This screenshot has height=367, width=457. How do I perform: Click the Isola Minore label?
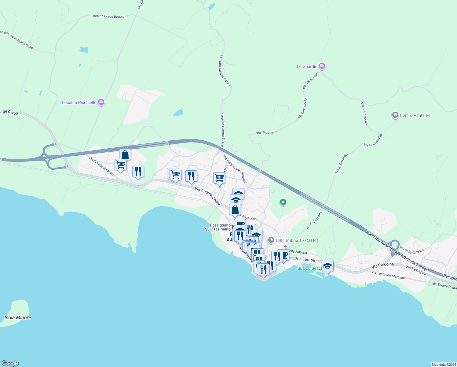point(18,317)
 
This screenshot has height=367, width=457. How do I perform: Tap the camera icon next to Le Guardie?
point(322,66)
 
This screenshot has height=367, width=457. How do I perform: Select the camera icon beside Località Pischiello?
point(101,102)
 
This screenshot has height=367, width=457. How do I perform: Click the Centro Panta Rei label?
point(415,115)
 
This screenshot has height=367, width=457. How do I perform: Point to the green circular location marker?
point(283,202)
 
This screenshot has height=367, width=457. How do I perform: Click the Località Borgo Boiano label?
point(108,16)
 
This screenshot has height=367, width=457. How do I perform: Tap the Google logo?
point(10,363)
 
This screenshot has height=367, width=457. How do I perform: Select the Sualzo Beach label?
point(309,268)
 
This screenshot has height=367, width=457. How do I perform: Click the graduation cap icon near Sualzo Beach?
point(327,266)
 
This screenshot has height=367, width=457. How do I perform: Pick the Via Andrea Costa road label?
point(207,196)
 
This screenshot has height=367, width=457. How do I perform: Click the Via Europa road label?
point(305,259)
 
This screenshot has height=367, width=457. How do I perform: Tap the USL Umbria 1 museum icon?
point(271,240)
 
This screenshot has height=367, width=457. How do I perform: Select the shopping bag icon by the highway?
point(125,155)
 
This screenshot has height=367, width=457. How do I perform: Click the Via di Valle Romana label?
point(101,166)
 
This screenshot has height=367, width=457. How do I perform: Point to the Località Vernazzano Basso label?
point(17,40)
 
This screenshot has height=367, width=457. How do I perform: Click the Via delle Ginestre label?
point(412,251)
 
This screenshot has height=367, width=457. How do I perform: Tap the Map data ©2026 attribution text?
point(444,365)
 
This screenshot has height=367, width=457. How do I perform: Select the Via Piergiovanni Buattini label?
point(235,169)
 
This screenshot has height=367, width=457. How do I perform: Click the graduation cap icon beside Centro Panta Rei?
point(395,115)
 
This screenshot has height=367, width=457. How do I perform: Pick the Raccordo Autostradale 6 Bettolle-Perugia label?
point(397,251)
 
